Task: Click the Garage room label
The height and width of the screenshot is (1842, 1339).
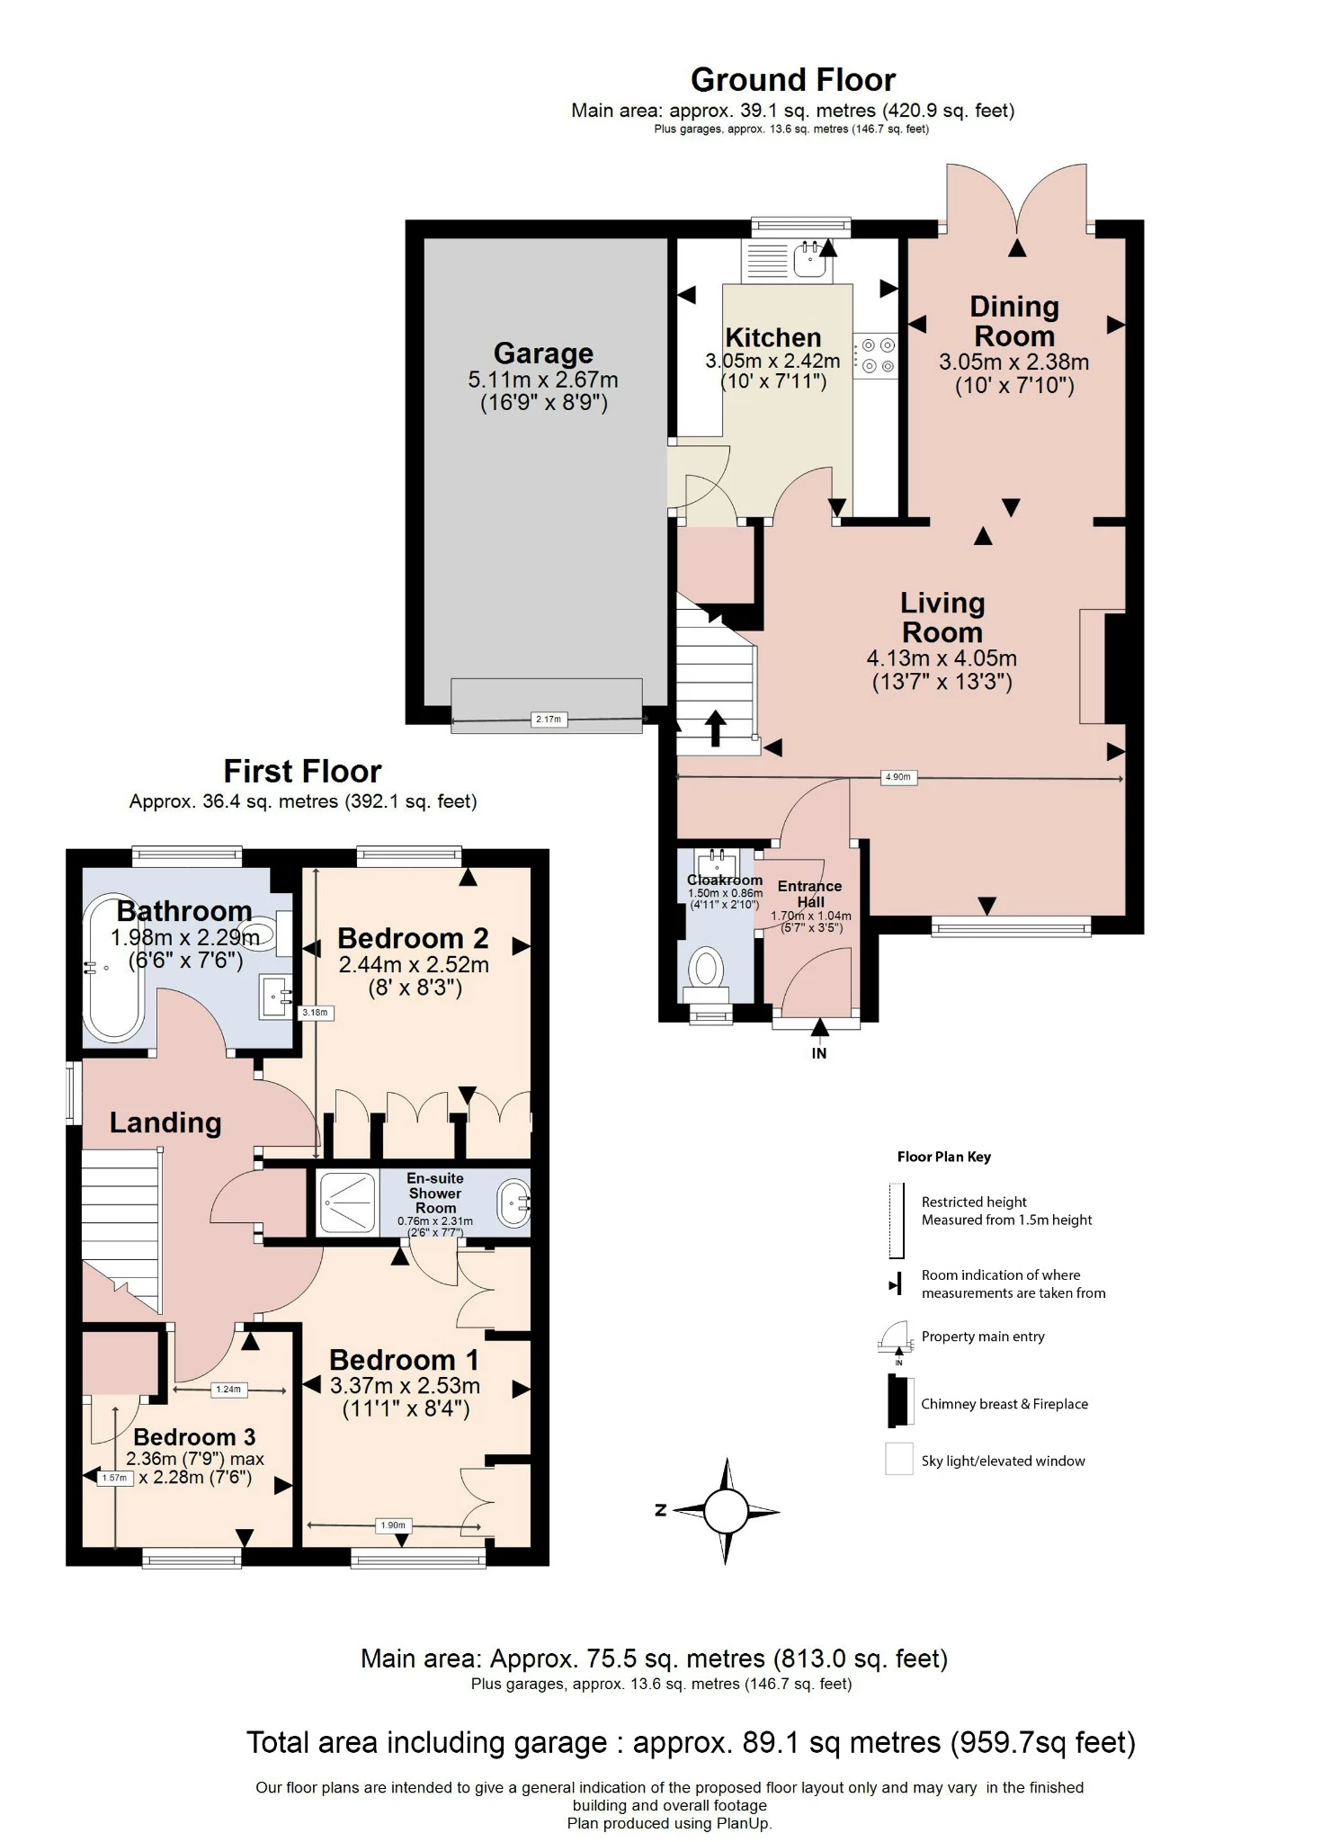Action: click(543, 353)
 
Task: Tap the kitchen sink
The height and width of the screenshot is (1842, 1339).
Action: click(812, 261)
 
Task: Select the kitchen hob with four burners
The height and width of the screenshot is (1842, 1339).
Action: click(875, 355)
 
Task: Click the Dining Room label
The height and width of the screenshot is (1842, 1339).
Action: click(1014, 321)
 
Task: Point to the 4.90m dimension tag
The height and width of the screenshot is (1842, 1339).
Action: click(898, 777)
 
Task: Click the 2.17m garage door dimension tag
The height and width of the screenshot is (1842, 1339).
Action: click(548, 719)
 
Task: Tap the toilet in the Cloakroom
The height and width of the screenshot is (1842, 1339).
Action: click(707, 973)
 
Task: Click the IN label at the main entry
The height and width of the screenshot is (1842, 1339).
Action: click(818, 1053)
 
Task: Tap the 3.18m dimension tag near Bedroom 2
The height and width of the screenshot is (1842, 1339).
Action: click(316, 1012)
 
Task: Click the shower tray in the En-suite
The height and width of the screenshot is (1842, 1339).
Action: click(346, 1201)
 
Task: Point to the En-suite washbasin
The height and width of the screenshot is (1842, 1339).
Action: click(515, 1203)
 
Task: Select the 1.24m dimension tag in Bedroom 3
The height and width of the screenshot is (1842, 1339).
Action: click(228, 1390)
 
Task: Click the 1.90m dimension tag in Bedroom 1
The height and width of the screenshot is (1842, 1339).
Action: click(393, 1525)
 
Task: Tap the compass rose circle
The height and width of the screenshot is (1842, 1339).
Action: click(726, 1510)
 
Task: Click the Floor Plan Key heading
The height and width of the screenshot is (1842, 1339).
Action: click(943, 1157)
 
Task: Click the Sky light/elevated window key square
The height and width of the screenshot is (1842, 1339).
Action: click(899, 1459)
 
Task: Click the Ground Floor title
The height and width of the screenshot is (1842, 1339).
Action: click(792, 80)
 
